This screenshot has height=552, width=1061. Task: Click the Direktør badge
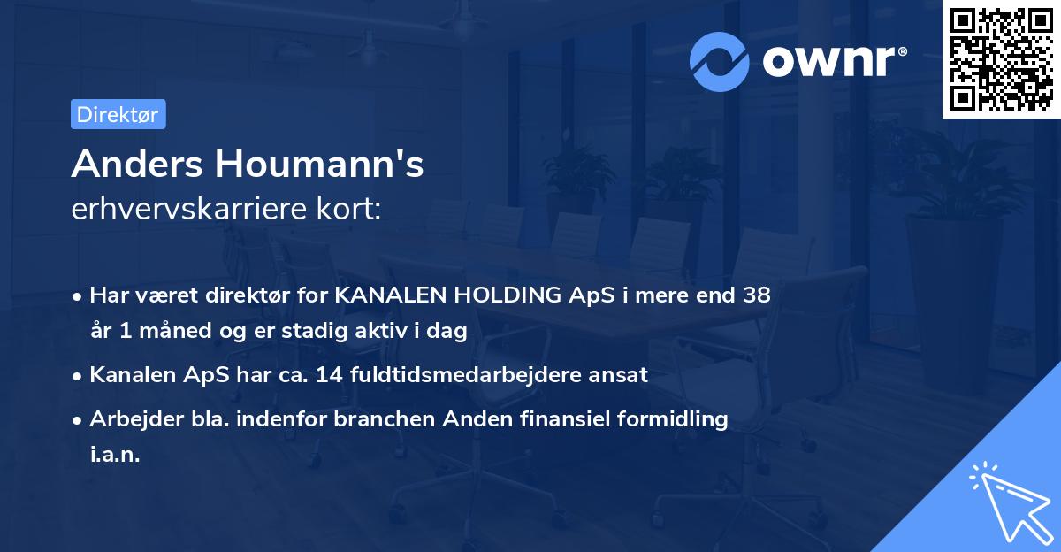click(118, 114)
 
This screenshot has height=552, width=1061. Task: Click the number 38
click(757, 295)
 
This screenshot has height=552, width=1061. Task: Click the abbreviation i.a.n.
click(115, 454)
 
